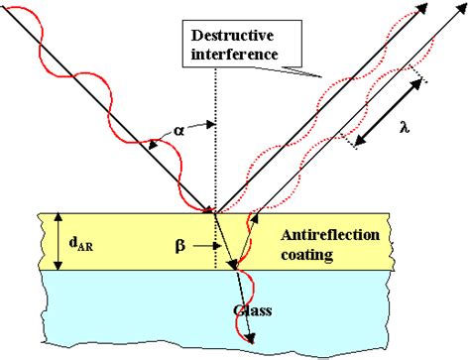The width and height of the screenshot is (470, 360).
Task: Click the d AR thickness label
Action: point(87,241)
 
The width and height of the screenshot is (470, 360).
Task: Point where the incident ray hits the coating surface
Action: point(212,211)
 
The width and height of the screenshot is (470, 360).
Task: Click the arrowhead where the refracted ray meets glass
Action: point(232,267)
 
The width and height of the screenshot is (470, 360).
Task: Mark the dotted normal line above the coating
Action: point(214,149)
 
